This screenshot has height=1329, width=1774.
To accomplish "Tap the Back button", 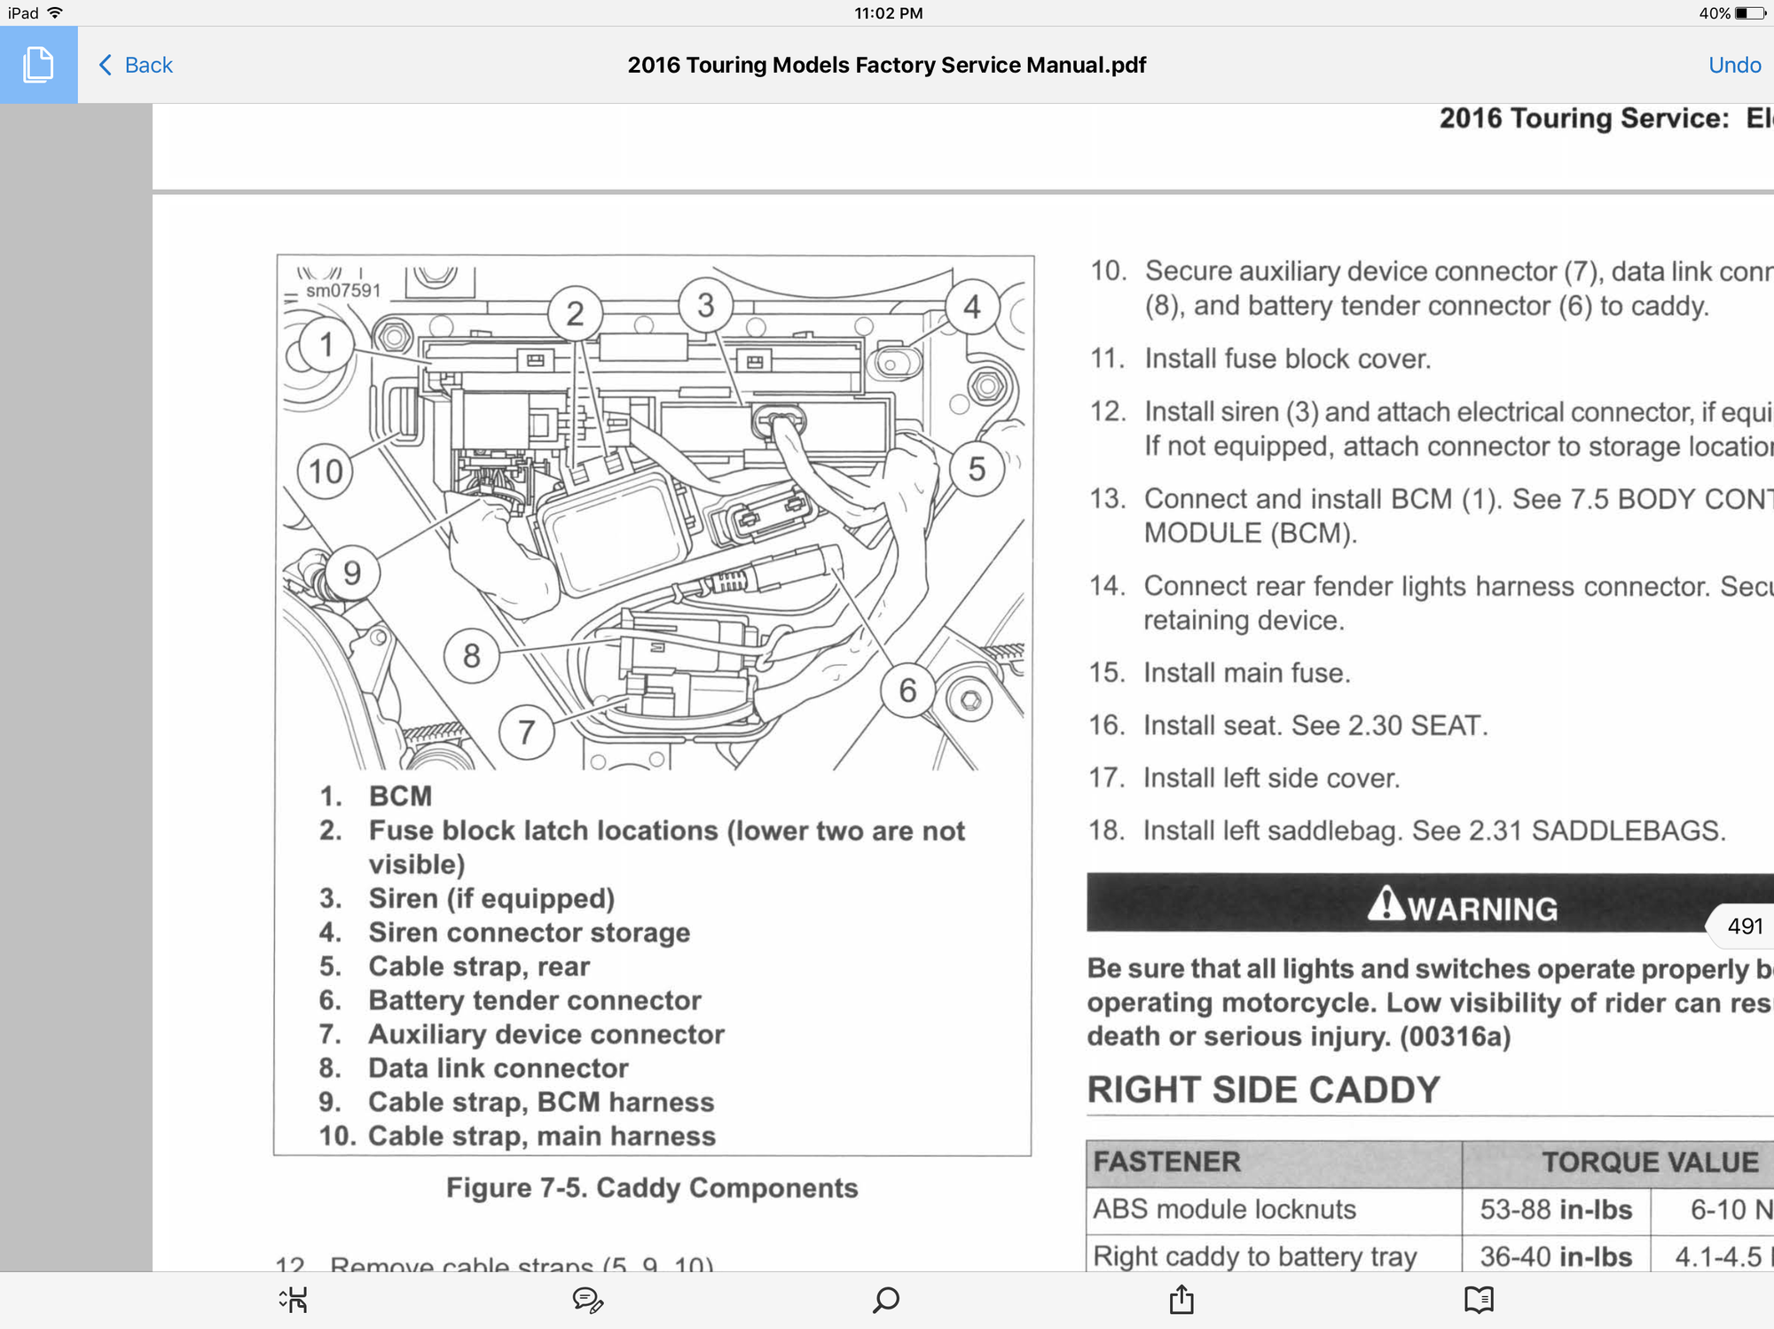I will point(136,65).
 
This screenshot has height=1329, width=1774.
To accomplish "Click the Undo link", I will point(1734,65).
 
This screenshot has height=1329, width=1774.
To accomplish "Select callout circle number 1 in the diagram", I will point(326,344).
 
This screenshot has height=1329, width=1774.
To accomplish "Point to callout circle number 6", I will point(907,690).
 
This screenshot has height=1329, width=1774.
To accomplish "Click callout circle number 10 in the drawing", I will point(326,471).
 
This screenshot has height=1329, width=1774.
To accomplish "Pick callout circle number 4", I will point(972,307).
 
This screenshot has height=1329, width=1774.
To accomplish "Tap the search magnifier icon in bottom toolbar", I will point(886,1300).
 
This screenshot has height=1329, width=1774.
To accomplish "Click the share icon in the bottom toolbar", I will point(1181,1300).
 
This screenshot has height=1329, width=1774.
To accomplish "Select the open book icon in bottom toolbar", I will point(1479,1300).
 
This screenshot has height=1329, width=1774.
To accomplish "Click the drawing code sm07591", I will point(343,291).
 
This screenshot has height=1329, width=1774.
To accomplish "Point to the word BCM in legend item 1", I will point(400,796).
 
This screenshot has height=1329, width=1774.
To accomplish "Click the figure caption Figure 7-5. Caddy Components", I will point(652,1188).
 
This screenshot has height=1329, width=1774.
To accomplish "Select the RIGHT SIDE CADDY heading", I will point(1263,1090).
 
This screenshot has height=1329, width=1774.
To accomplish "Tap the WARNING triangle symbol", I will point(1385,905).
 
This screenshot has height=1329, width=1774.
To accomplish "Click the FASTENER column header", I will point(1166,1161).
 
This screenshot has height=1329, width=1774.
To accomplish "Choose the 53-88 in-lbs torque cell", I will point(1556,1209).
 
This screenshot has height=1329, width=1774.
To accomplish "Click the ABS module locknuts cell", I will point(1224,1209).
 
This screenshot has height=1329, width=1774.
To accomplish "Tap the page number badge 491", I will point(1745,926).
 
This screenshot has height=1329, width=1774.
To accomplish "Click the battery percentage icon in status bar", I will point(1750,13).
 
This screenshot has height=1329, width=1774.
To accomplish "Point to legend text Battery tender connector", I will point(535,1000).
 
